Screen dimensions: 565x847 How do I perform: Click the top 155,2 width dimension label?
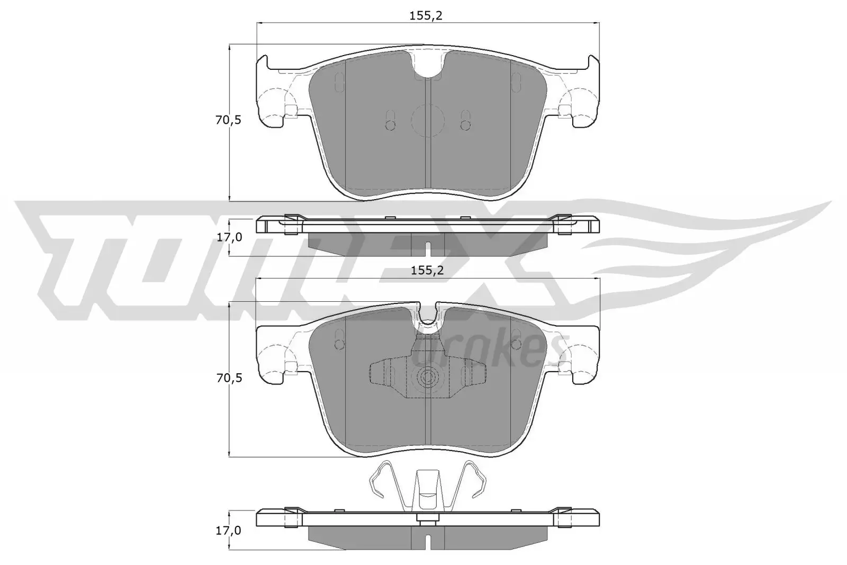point(426,15)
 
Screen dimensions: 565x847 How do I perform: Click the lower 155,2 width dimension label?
point(427,271)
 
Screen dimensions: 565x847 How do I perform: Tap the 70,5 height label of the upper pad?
point(228,120)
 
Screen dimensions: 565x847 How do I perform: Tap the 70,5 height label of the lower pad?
point(228,378)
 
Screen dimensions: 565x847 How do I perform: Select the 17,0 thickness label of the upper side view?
point(229,237)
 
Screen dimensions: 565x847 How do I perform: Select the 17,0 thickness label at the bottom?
point(229,530)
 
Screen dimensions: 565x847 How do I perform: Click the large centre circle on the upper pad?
point(427,120)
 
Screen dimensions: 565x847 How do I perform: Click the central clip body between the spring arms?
point(427,490)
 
